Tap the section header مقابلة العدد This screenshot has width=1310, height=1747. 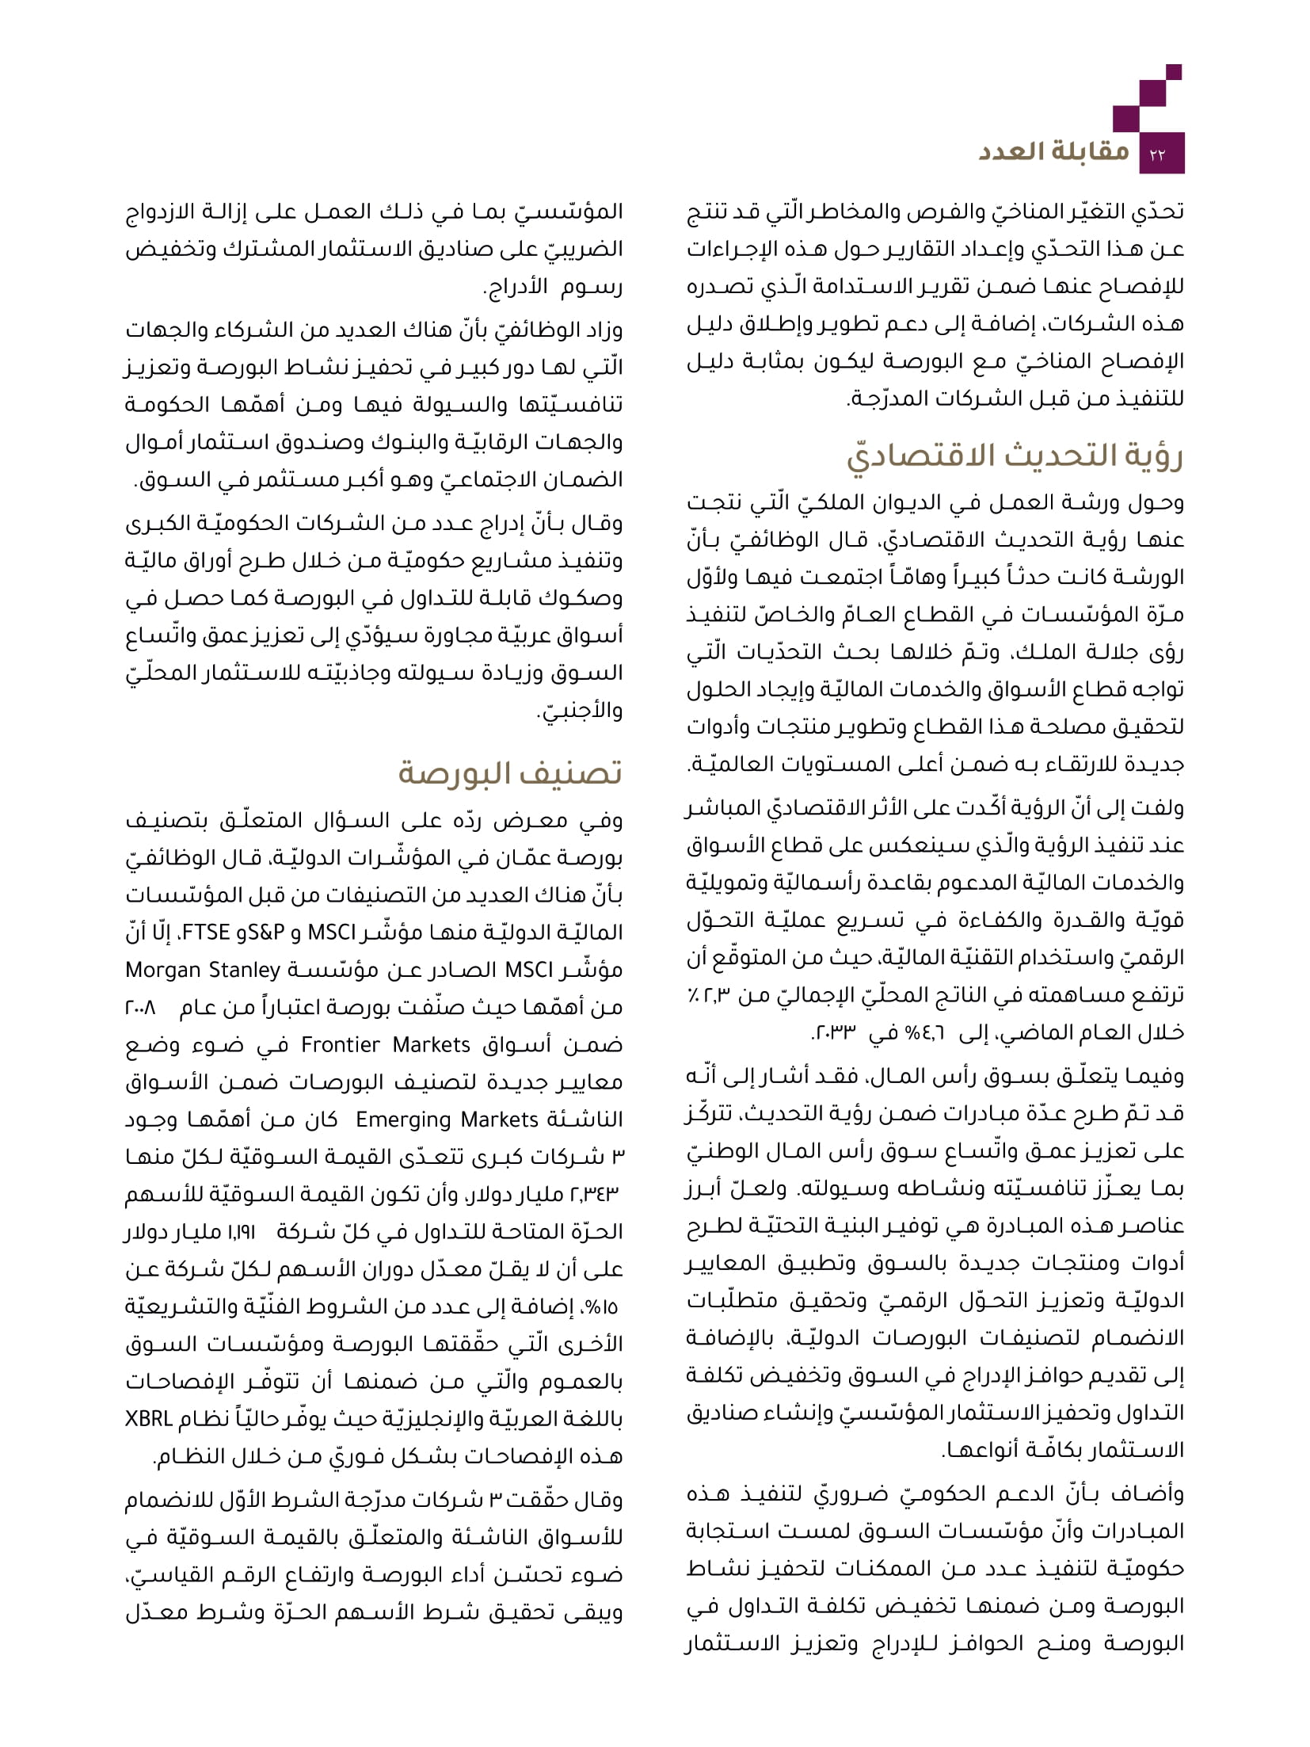[1053, 151]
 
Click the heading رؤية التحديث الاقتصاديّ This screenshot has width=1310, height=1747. [1015, 457]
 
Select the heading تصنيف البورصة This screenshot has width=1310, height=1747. [509, 772]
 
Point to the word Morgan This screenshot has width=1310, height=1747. [163, 971]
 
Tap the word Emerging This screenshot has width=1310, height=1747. [403, 1120]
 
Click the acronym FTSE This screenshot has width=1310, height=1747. [207, 933]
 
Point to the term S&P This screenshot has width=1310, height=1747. [266, 933]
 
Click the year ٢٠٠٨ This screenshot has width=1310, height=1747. [140, 1008]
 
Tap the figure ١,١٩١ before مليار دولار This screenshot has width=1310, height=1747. [241, 1232]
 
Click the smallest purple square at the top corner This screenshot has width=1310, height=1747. [1174, 72]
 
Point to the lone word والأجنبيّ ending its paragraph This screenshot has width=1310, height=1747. [581, 711]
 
